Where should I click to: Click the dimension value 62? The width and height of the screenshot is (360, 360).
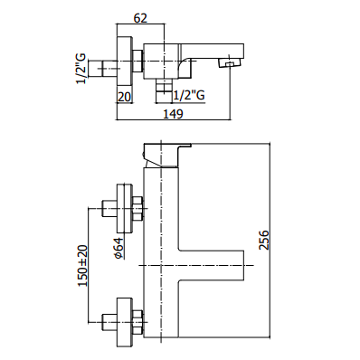[x=141, y=18]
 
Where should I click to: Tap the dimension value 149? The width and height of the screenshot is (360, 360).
[x=173, y=114]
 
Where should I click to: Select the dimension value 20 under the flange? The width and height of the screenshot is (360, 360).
[x=124, y=97]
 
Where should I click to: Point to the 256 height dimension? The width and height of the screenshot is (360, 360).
[x=263, y=240]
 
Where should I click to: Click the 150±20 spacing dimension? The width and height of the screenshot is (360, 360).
[x=83, y=265]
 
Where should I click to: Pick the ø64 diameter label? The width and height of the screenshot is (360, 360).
[x=119, y=248]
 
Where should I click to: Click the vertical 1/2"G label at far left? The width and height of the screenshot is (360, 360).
[x=81, y=69]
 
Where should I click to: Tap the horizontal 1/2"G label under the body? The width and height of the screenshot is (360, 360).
[x=189, y=96]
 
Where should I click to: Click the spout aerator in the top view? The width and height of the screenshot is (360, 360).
[x=231, y=63]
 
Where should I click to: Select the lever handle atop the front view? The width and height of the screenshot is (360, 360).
[x=166, y=155]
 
